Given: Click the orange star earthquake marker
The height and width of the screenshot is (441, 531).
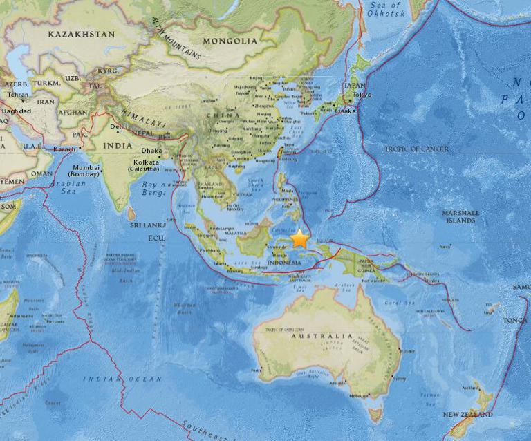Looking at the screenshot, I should [300, 239].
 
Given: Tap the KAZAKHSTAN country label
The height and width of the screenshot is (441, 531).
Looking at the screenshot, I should [80, 33].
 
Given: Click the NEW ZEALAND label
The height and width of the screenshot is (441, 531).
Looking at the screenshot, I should [468, 414].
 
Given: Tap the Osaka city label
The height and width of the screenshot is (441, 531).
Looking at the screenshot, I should [345, 111].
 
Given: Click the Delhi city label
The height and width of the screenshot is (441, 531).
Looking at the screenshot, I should [119, 126].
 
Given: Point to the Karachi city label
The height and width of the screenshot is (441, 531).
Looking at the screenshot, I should [66, 149].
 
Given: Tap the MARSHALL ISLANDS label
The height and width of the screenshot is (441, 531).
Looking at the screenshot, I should [460, 216].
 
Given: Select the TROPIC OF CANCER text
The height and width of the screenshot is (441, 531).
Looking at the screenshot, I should [416, 149].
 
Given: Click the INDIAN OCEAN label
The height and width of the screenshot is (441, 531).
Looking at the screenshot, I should [122, 379].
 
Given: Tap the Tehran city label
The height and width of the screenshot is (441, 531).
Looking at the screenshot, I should [19, 95].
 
